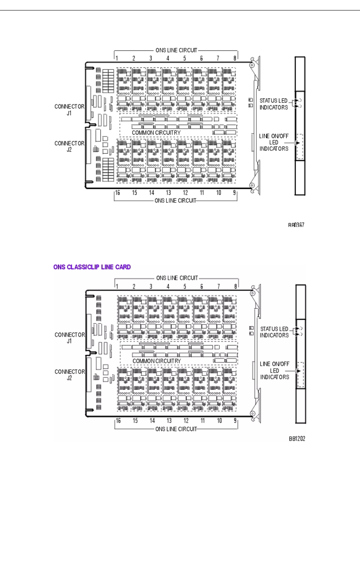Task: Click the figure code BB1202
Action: coord(296,439)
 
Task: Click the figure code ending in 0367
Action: coord(296,225)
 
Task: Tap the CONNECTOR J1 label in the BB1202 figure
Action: coord(70,338)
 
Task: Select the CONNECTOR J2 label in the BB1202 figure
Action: coord(70,375)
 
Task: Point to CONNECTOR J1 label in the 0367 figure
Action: coord(70,110)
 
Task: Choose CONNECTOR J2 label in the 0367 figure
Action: coord(70,146)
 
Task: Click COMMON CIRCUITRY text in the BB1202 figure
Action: coord(156,360)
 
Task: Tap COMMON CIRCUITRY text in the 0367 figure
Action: coord(156,132)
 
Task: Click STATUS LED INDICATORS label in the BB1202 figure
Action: coord(274,332)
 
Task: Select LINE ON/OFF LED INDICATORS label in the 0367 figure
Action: coord(274,142)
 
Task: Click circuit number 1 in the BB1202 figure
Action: coord(117,286)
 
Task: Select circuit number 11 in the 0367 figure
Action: coord(202,193)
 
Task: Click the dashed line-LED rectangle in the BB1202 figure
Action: coord(300,375)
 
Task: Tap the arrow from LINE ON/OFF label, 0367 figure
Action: coord(293,142)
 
